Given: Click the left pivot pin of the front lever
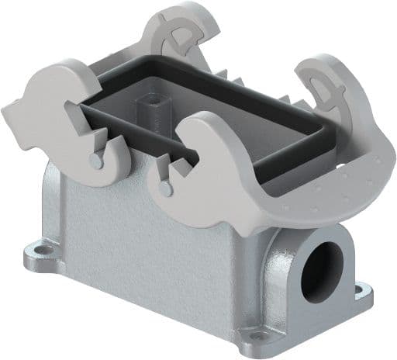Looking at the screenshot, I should click(94, 160).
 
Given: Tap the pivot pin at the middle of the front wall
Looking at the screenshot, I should click(164, 188).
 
